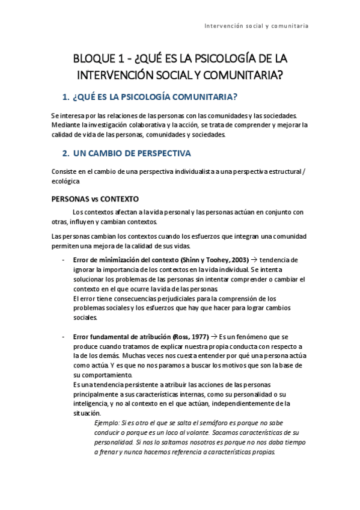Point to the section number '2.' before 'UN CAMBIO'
click(x=67, y=153)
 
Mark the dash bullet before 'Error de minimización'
click(x=64, y=260)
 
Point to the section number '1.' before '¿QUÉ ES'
click(x=66, y=97)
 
